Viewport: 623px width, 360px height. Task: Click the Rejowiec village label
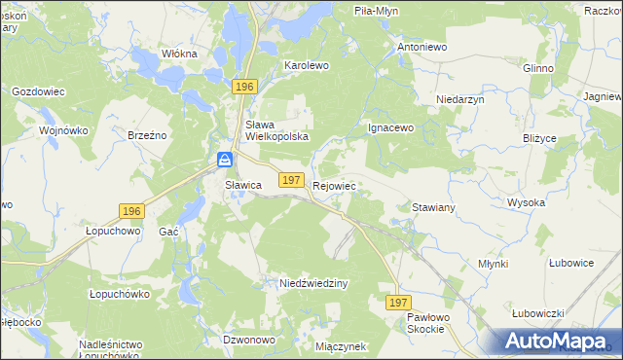[335, 184]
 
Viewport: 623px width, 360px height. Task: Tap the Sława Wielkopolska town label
[276, 130]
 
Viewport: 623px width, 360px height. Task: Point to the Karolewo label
[307, 64]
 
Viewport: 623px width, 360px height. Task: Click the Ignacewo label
[390, 127]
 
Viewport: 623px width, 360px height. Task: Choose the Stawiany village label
[434, 208]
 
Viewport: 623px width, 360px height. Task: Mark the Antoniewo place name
[421, 46]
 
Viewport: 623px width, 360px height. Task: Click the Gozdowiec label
[38, 90]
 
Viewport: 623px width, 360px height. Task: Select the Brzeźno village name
[148, 136]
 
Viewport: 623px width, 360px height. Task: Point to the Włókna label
[179, 54]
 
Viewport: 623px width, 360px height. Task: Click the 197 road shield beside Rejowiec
[290, 180]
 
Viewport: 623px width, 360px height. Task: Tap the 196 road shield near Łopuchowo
[131, 210]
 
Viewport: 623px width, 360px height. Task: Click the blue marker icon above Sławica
[225, 159]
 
